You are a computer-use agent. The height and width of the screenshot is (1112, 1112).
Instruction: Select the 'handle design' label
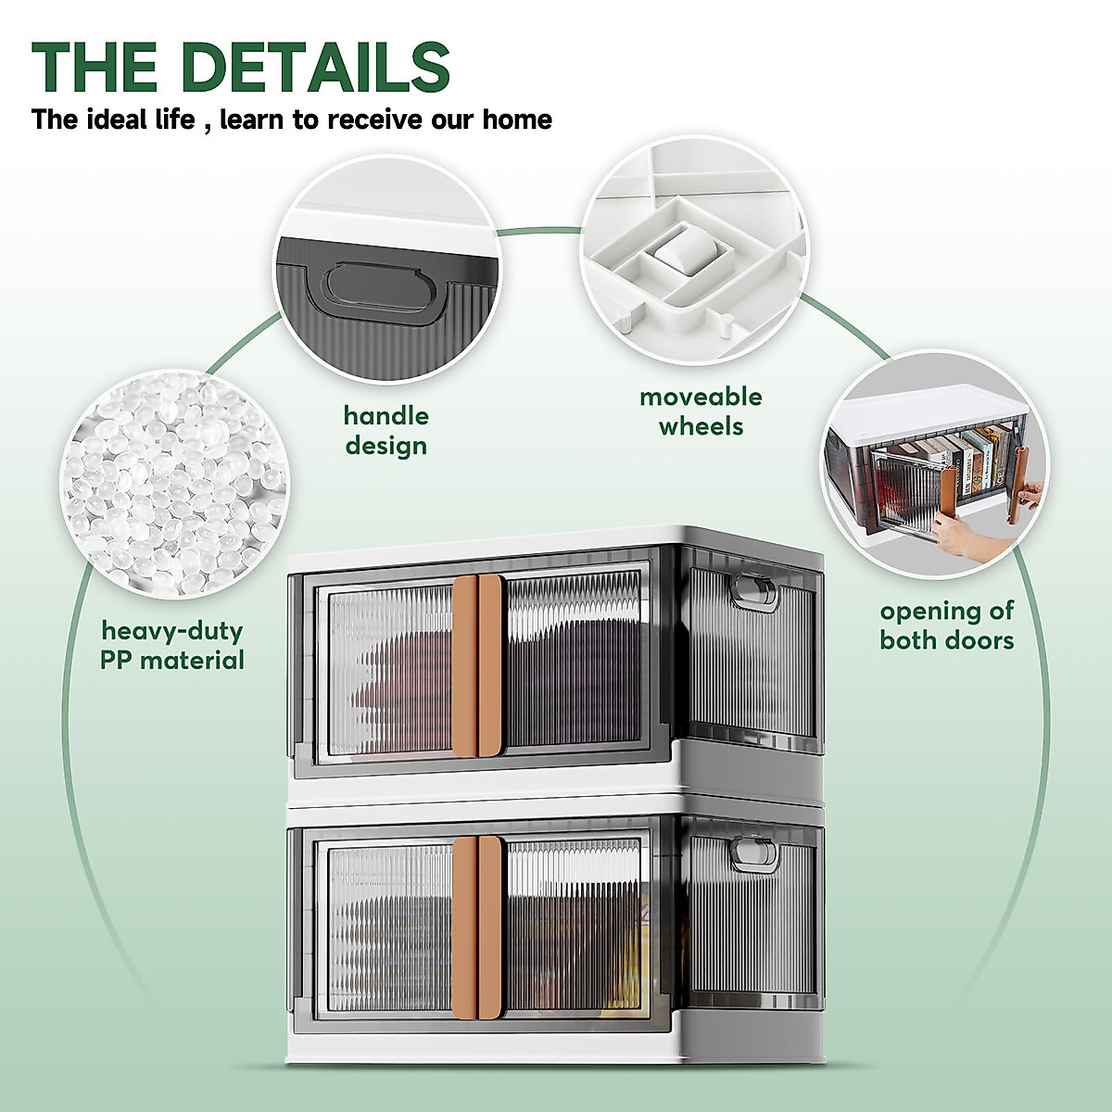[385, 430]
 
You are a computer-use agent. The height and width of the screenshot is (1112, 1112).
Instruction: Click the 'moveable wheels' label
[701, 411]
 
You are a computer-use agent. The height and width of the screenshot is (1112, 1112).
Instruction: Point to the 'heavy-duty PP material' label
[172, 646]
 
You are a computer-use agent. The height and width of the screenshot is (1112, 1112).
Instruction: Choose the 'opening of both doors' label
[946, 625]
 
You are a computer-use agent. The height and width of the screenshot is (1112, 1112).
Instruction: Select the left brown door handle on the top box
[464, 662]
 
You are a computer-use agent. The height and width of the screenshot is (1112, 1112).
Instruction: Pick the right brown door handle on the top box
[492, 662]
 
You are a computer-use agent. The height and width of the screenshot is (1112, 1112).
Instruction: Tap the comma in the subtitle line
[206, 126]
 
